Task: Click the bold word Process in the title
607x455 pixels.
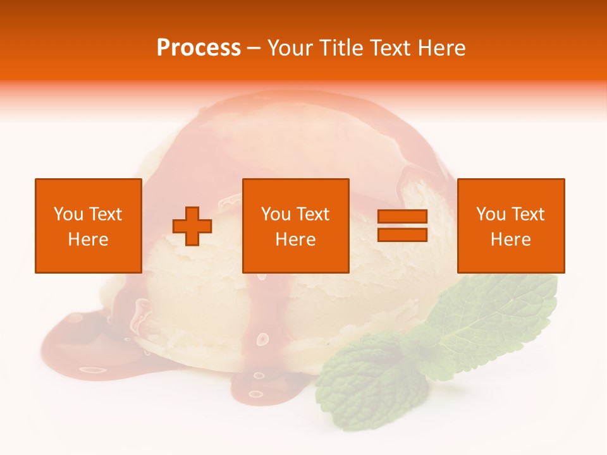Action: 199,48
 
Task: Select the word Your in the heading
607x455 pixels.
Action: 290,48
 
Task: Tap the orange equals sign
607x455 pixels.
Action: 402,226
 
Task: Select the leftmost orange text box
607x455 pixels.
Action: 88,226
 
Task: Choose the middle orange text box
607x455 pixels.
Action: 295,226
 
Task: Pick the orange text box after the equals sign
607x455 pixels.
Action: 510,226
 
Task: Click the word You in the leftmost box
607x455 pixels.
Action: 68,214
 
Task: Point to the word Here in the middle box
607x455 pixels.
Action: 295,240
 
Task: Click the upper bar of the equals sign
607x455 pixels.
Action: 402,217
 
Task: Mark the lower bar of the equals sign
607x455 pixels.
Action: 402,234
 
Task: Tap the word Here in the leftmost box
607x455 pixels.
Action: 88,240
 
